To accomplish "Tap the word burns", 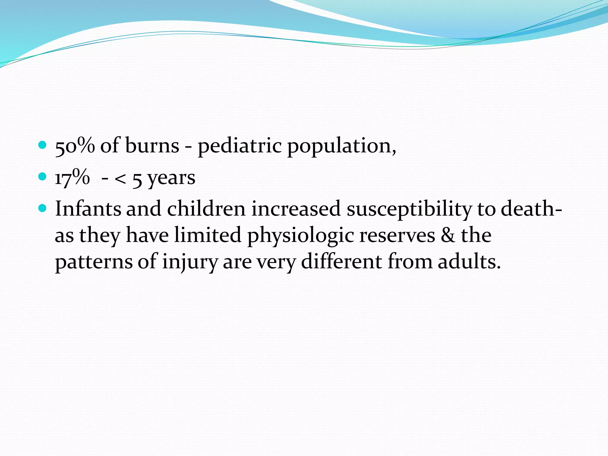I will (152, 146).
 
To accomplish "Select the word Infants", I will (88, 209).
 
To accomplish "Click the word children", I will (206, 209).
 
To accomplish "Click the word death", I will (528, 209).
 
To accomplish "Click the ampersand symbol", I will (448, 235).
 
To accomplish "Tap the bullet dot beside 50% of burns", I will (43, 145).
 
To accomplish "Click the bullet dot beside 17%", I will (43, 177).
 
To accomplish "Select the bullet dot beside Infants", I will (43, 208).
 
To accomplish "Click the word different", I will (341, 262).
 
